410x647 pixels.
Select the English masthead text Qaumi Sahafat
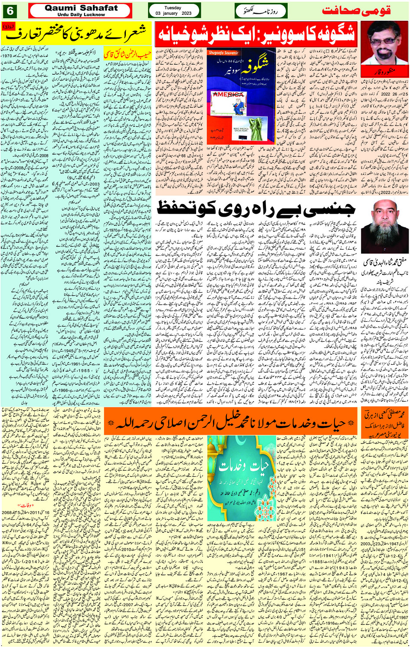[81, 8]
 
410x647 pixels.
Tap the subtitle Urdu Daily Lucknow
[81, 14]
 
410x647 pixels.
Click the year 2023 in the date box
[186, 13]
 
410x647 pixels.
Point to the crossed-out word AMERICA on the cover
[228, 94]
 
